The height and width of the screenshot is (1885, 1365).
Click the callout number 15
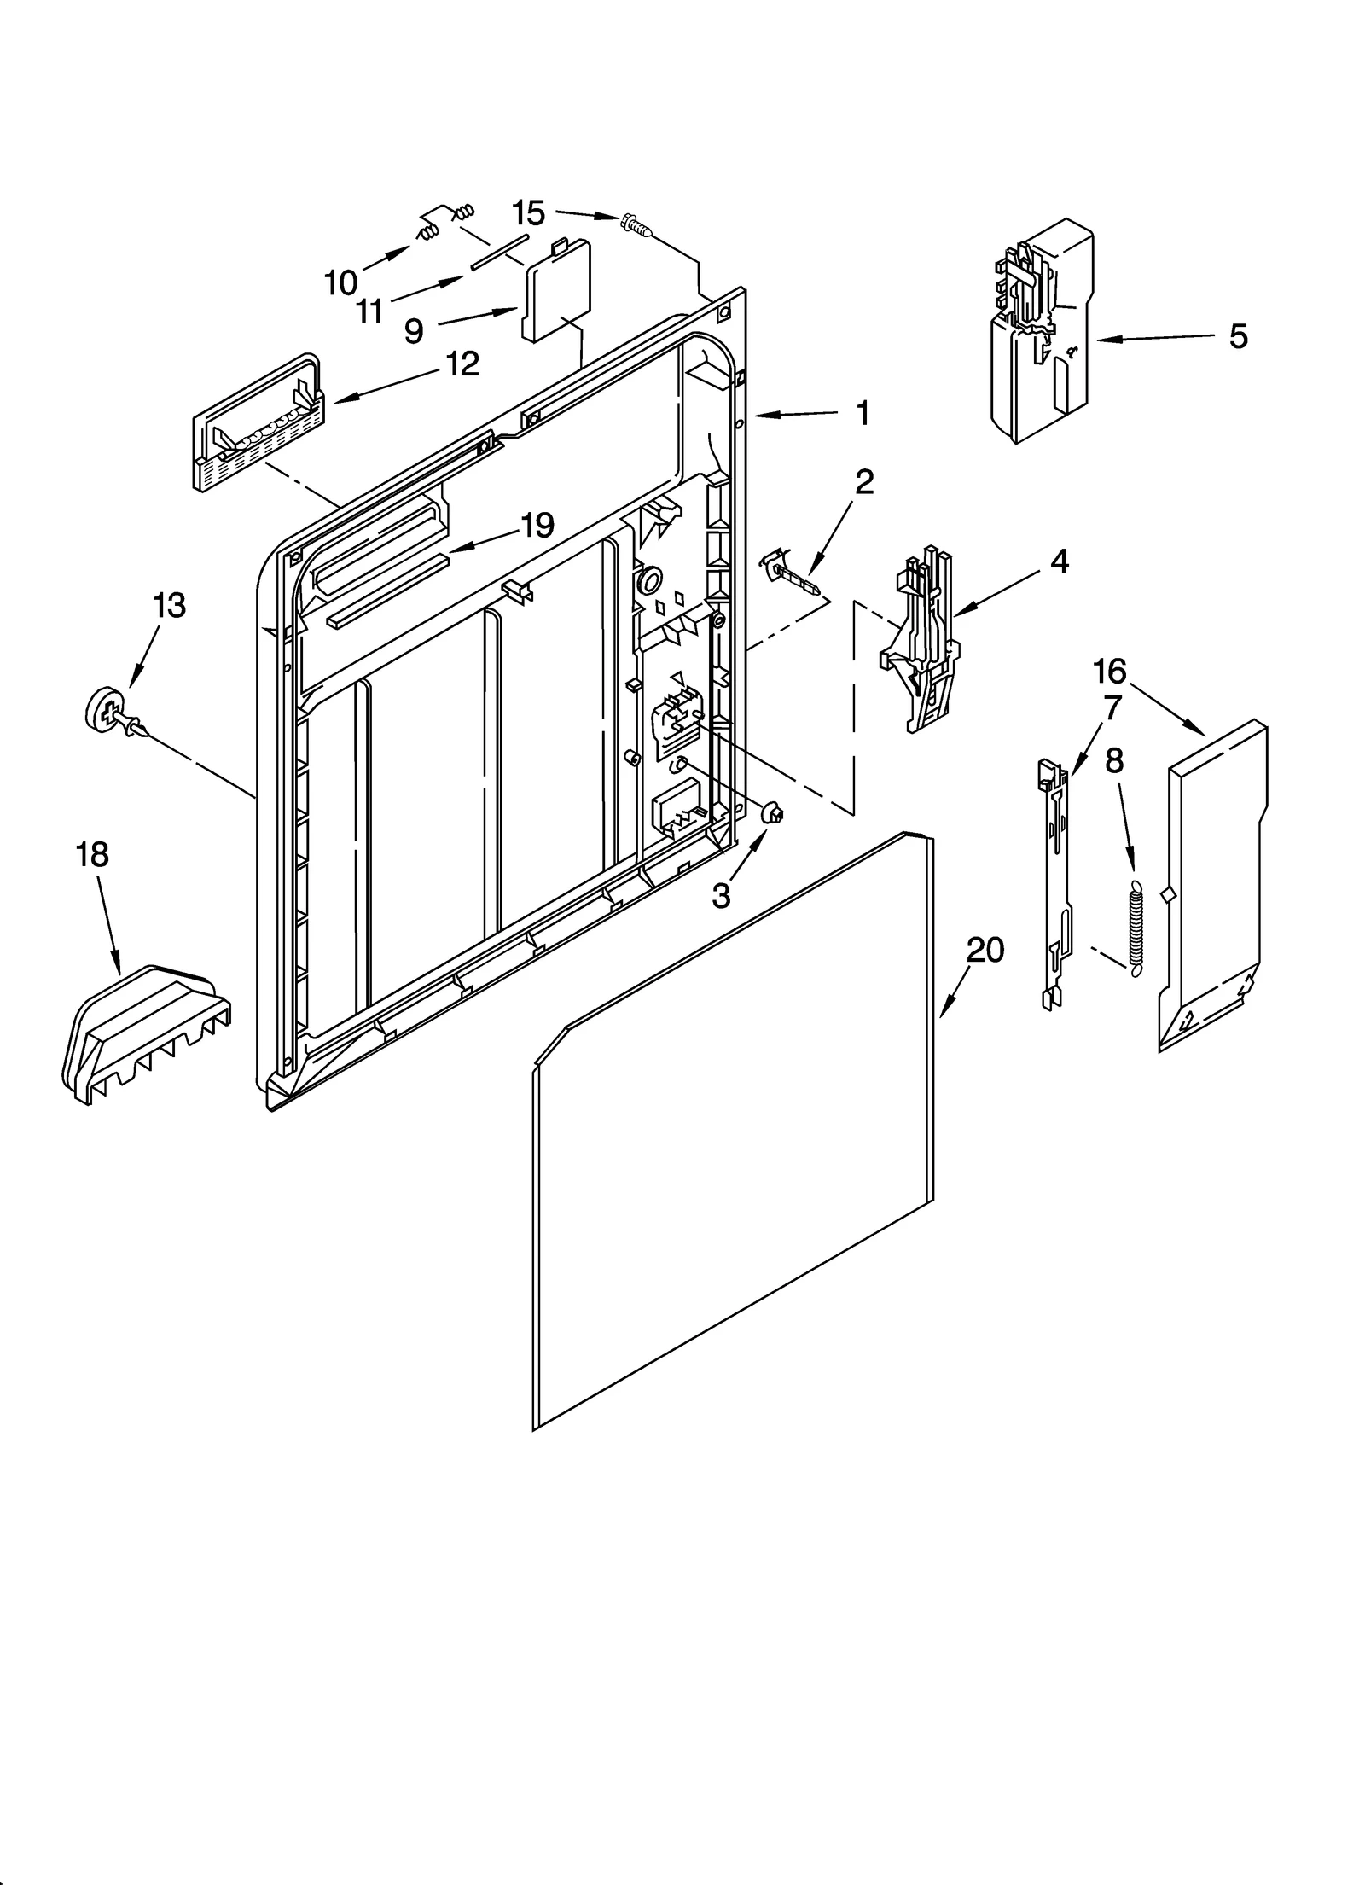pyautogui.click(x=529, y=212)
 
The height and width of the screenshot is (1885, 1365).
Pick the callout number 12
pyautogui.click(x=462, y=364)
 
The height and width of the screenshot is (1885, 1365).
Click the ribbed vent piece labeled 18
pyautogui.click(x=145, y=1033)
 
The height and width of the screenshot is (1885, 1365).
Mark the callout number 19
pyautogui.click(x=537, y=525)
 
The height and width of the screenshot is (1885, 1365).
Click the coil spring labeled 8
pyautogui.click(x=1135, y=927)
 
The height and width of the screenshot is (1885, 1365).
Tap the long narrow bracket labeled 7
pyautogui.click(x=1056, y=883)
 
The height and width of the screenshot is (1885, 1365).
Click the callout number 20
pyautogui.click(x=985, y=949)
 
